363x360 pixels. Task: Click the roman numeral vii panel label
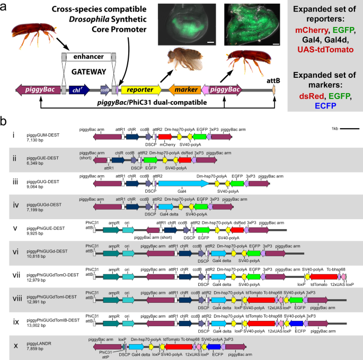pyautogui.click(x=15, y=275)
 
